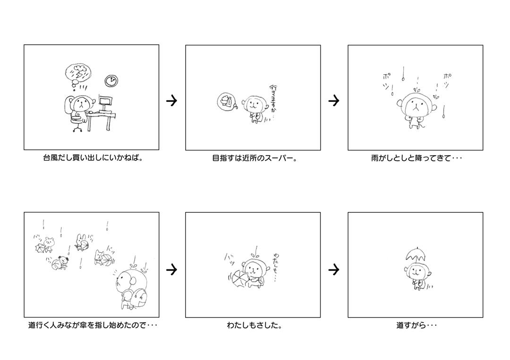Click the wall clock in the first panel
pyautogui.click(x=111, y=80)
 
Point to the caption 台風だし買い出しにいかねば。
pyautogui.click(x=93, y=158)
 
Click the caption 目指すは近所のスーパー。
pyautogui.click(x=255, y=158)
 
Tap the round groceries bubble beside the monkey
pyautogui.click(x=225, y=101)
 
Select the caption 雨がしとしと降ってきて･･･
pyautogui.click(x=416, y=158)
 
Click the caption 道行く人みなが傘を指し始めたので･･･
pyautogui.click(x=93, y=325)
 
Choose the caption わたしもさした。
pyautogui.click(x=255, y=325)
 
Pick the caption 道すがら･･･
pyautogui.click(x=416, y=325)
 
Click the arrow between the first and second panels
pyautogui.click(x=172, y=100)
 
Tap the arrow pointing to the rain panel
pyautogui.click(x=334, y=100)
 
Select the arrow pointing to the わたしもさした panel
pyautogui.click(x=172, y=269)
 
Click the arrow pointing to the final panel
pyautogui.click(x=334, y=269)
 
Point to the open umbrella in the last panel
pyautogui.click(x=416, y=254)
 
